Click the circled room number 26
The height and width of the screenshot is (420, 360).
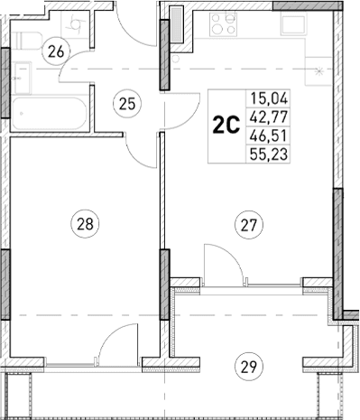[56, 52]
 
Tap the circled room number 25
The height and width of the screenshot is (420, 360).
[127, 103]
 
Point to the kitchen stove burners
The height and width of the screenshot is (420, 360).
[219, 25]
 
